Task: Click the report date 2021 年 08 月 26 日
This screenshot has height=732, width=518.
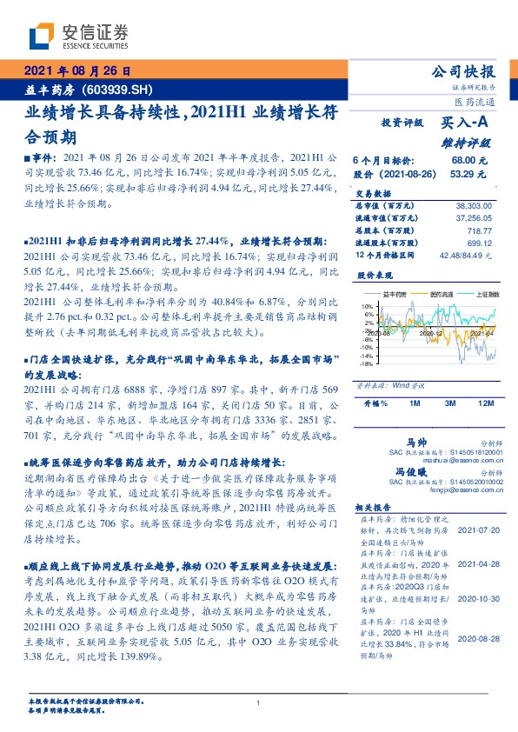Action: pyautogui.click(x=76, y=70)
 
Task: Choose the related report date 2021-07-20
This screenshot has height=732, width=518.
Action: pyautogui.click(x=477, y=529)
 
